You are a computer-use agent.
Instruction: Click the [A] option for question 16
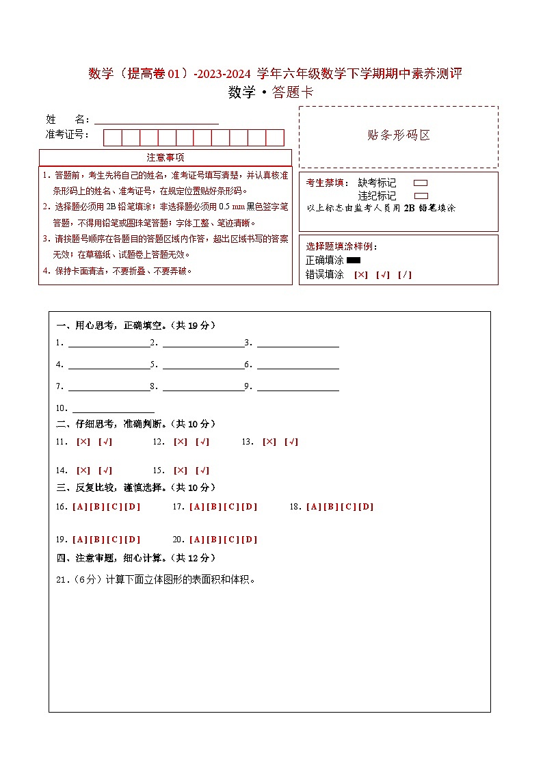(x=79, y=507)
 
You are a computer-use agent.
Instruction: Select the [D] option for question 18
(x=367, y=507)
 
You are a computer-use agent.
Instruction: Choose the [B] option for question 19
(x=96, y=540)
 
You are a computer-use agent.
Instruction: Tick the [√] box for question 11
(x=105, y=442)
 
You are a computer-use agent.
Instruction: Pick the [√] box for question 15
(x=202, y=471)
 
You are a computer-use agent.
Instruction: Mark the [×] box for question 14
(x=83, y=471)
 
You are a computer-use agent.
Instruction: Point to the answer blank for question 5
(x=203, y=365)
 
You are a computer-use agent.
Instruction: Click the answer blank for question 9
(x=297, y=386)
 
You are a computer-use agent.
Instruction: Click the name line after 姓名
(x=157, y=120)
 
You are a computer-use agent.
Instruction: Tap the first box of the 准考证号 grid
(x=112, y=137)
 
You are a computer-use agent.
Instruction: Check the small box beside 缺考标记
(x=421, y=183)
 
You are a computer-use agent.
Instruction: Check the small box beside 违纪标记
(x=421, y=196)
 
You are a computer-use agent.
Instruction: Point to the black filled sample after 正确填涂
(x=354, y=261)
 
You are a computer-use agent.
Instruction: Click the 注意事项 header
(x=165, y=157)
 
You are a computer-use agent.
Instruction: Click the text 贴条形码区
(x=399, y=135)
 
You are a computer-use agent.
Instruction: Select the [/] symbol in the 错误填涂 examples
(x=404, y=275)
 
